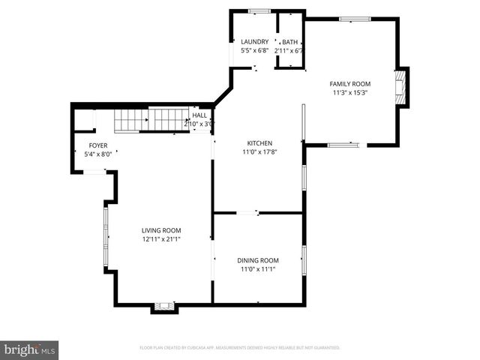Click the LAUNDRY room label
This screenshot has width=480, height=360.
pyautogui.click(x=253, y=42)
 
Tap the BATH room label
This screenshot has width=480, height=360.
pyautogui.click(x=289, y=42)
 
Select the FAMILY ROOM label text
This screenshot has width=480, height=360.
pyautogui.click(x=350, y=84)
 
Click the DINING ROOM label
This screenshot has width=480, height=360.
pyautogui.click(x=259, y=260)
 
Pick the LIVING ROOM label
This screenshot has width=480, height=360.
pyautogui.click(x=161, y=231)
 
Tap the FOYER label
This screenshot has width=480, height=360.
pyautogui.click(x=98, y=145)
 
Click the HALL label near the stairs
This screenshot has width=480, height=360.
pyautogui.click(x=199, y=115)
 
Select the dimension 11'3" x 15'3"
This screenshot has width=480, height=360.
pyautogui.click(x=350, y=93)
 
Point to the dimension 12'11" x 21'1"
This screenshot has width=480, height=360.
pyautogui.click(x=161, y=240)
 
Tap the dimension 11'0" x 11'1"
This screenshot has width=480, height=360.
pyautogui.click(x=259, y=269)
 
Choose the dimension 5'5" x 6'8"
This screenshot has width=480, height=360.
pyautogui.click(x=253, y=51)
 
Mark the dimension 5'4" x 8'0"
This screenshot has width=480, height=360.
pyautogui.click(x=98, y=154)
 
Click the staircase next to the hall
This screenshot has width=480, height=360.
pyautogui.click(x=150, y=118)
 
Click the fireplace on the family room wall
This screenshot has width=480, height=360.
pyautogui.click(x=403, y=88)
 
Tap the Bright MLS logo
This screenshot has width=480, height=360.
pyautogui.click(x=30, y=349)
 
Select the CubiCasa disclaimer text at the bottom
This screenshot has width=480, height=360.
pyautogui.click(x=240, y=348)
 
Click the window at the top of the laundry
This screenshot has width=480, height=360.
pyautogui.click(x=259, y=10)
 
